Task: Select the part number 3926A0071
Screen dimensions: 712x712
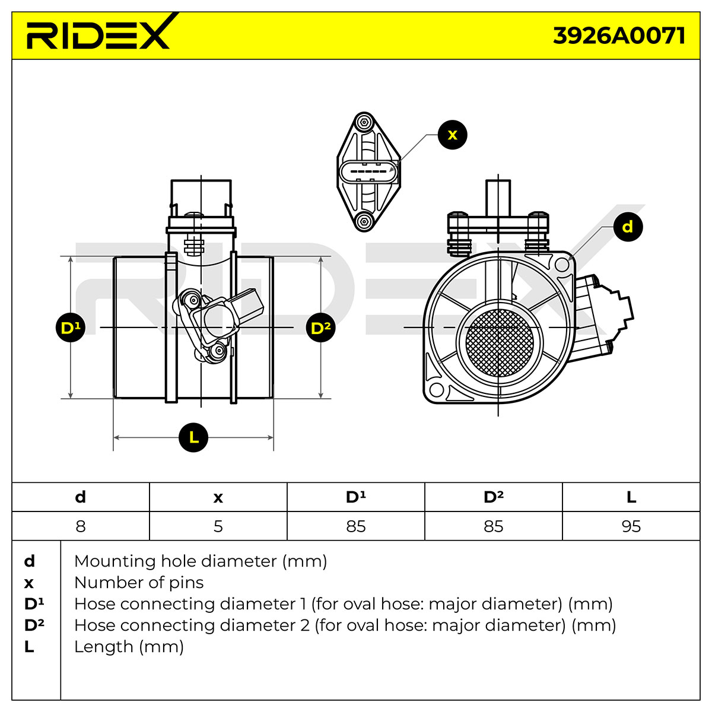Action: point(619,36)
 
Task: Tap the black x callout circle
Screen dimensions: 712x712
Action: point(452,135)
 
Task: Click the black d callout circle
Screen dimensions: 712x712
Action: point(628,227)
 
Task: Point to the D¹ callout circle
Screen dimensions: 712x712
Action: point(70,328)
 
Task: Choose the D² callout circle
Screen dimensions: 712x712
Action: point(321,328)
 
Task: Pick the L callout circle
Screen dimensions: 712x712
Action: point(193,437)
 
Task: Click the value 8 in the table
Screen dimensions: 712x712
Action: point(81,526)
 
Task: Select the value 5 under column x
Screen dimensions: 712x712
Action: point(218,526)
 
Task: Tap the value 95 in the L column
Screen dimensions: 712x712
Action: point(631,526)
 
